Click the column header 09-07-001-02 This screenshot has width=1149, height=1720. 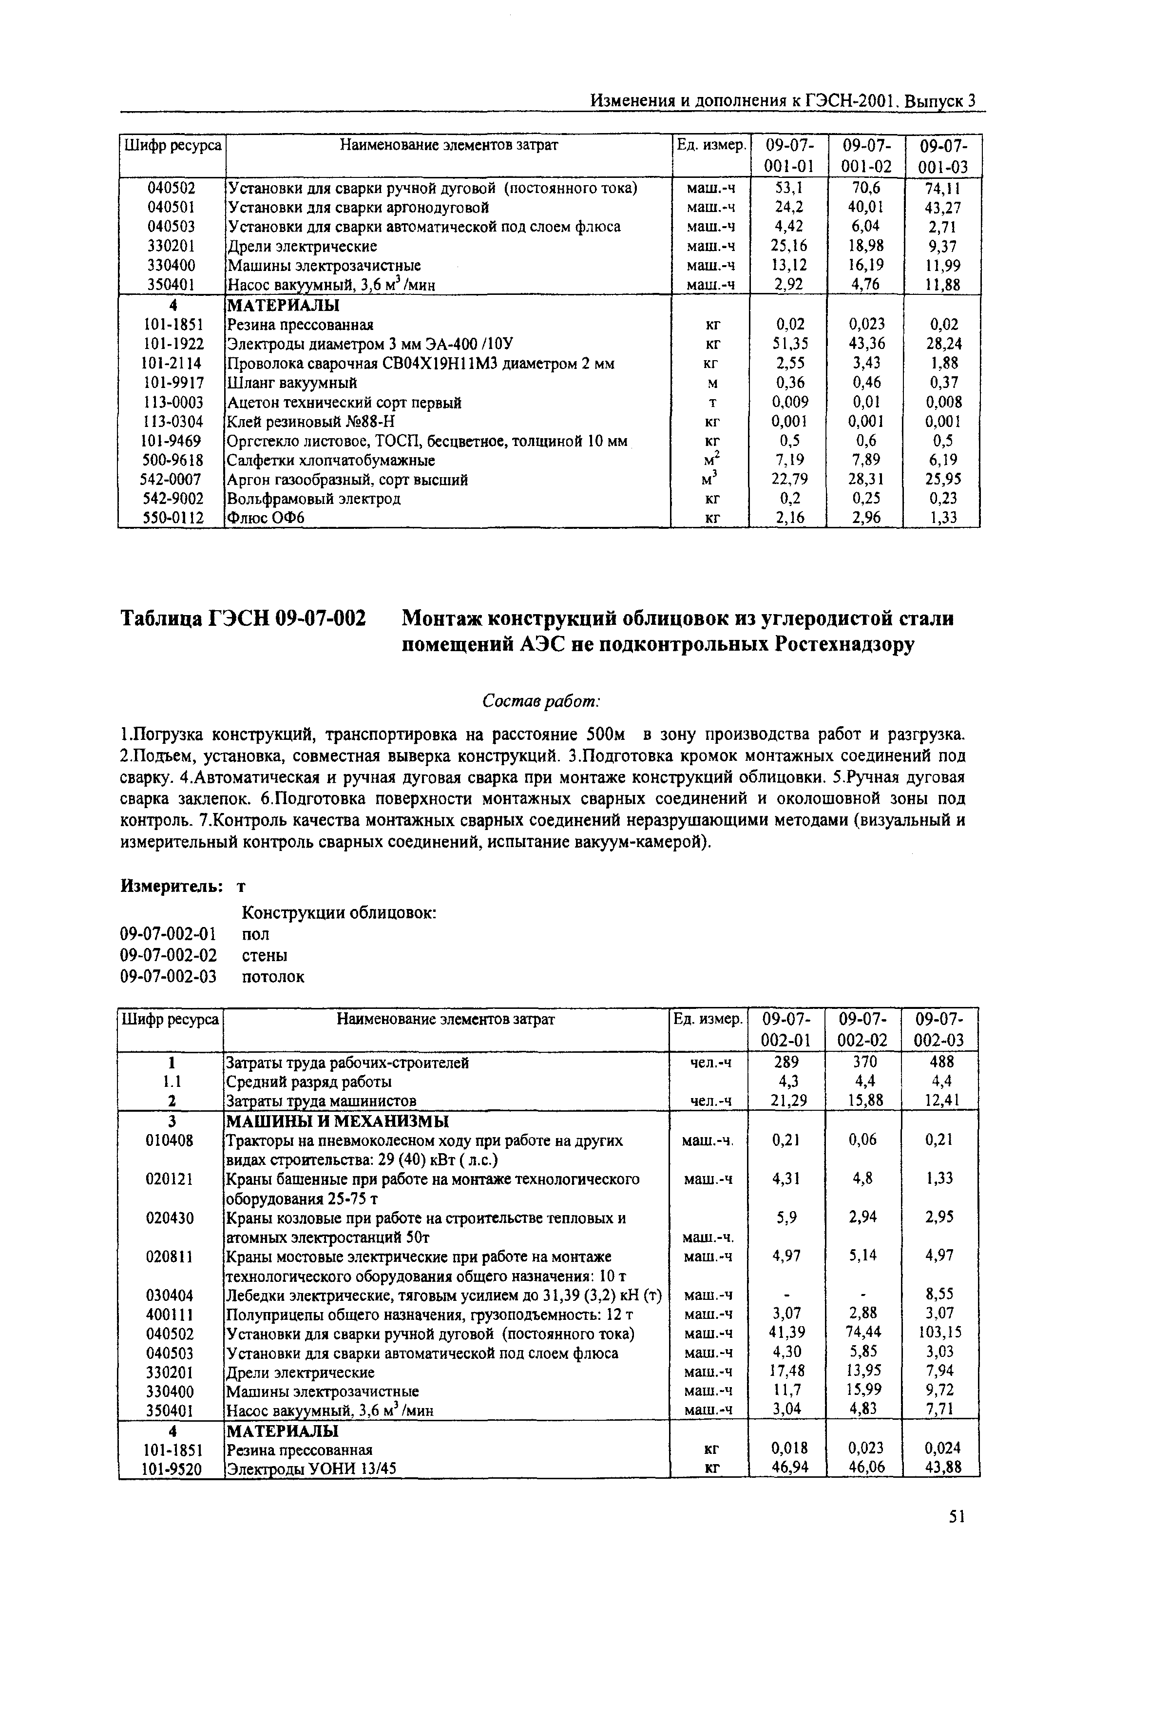tap(865, 155)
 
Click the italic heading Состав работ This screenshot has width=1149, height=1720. tap(541, 701)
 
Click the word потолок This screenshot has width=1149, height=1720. tap(272, 976)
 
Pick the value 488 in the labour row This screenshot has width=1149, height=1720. tap(941, 1062)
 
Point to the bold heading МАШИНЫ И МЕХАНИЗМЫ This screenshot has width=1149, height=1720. tap(337, 1121)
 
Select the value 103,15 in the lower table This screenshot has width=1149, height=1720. tap(941, 1333)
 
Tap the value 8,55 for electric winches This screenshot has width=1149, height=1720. tap(941, 1295)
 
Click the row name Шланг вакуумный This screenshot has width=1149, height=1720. tap(292, 383)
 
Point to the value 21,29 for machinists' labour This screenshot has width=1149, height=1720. tap(785, 1100)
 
